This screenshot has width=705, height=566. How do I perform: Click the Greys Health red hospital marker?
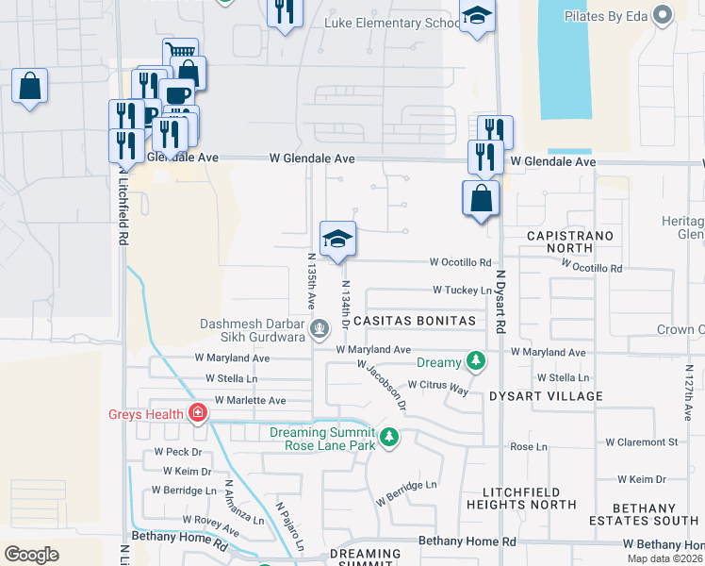click(198, 412)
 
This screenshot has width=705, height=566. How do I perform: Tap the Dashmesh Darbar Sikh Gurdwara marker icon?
click(320, 329)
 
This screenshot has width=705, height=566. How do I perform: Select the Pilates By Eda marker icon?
click(664, 14)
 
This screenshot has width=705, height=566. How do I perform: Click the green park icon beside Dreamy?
click(477, 361)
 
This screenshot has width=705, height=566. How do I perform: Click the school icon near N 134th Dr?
click(337, 239)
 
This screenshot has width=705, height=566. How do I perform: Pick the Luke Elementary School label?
click(392, 23)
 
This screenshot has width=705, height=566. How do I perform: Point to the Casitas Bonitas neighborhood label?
click(416, 322)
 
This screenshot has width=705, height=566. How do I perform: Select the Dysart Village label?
click(546, 397)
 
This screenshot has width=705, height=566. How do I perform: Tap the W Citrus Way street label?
click(437, 386)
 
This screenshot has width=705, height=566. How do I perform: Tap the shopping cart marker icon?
click(180, 54)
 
